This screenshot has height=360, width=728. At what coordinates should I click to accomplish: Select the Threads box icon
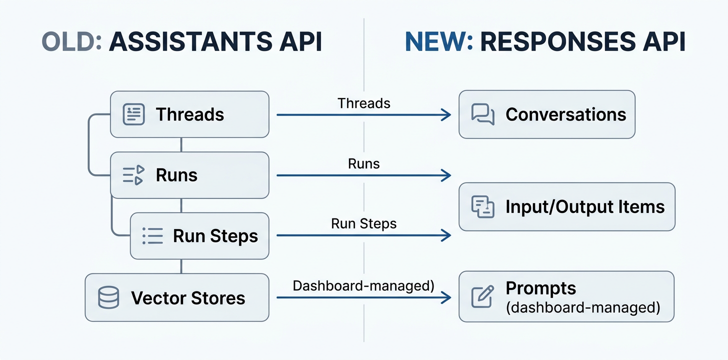[133, 114]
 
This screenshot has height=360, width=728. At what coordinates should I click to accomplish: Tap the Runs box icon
[133, 175]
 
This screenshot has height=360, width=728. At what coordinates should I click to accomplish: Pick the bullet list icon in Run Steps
[152, 236]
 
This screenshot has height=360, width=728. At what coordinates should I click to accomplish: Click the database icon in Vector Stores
[108, 298]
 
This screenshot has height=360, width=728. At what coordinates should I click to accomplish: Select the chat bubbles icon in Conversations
[483, 114]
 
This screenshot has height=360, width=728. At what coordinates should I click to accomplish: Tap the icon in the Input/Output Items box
[483, 206]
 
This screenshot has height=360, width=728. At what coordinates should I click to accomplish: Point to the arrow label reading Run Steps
[363, 223]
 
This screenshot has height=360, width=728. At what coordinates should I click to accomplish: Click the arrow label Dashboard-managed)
[363, 285]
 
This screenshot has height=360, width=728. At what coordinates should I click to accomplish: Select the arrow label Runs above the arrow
[363, 163]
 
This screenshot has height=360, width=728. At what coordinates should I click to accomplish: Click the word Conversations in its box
[565, 114]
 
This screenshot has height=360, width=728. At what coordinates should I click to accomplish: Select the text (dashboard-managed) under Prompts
[583, 306]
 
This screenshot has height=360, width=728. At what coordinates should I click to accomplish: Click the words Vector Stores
[188, 298]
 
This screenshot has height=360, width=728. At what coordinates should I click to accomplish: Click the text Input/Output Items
[585, 206]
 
